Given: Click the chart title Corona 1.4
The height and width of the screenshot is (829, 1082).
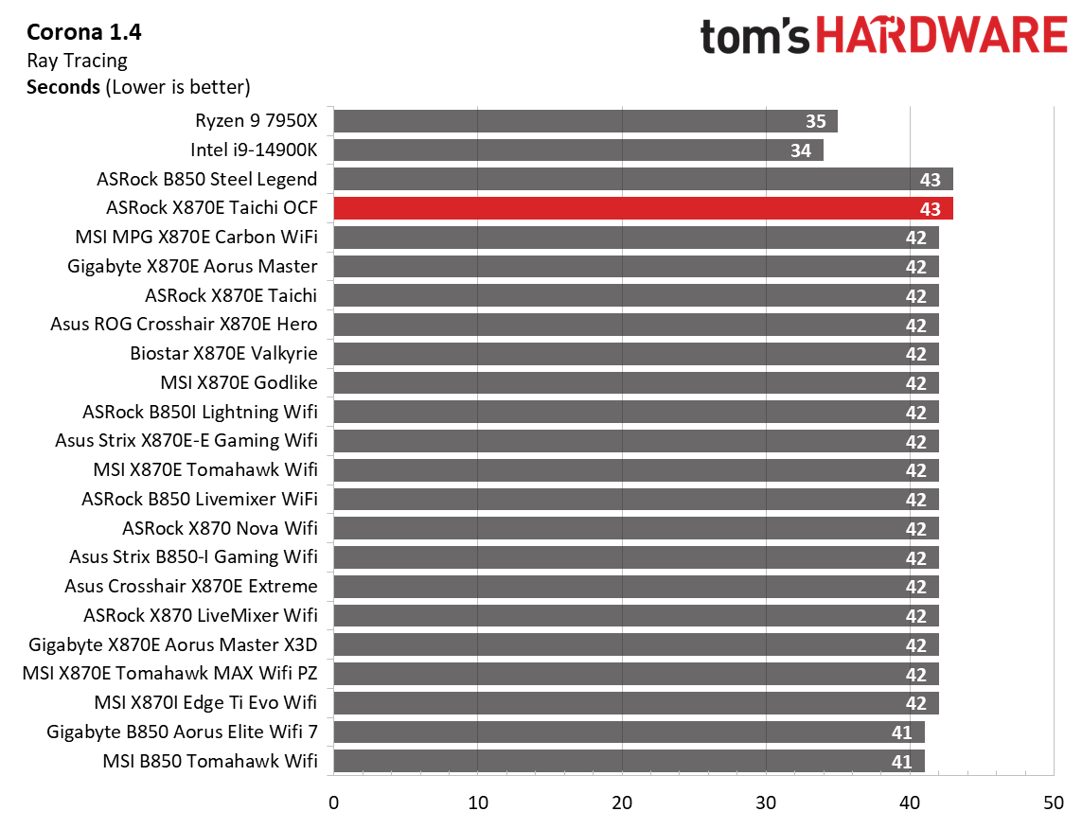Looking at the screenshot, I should [x=84, y=33].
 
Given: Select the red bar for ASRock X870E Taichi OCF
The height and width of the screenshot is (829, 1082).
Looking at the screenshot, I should [x=643, y=208].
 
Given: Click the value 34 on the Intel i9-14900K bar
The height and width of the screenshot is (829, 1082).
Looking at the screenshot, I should [x=801, y=150].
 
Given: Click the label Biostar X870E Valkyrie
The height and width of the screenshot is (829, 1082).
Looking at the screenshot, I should [x=223, y=354].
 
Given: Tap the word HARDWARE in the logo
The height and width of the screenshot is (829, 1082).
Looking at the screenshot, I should [x=941, y=37].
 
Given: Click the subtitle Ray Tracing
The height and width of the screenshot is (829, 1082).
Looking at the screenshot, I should [x=77, y=61].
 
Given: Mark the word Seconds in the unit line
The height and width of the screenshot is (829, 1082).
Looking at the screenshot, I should [x=63, y=87].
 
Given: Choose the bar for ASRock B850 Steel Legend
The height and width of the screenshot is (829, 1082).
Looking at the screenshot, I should [x=643, y=179].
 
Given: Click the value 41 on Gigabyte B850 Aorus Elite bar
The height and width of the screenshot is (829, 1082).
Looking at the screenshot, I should [x=901, y=732].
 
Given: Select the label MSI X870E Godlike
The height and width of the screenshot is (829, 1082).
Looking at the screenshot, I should [x=239, y=382].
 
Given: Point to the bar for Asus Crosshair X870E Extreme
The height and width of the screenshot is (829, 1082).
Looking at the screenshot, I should [x=635, y=587].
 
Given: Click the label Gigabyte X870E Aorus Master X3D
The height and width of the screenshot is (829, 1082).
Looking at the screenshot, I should [x=173, y=644].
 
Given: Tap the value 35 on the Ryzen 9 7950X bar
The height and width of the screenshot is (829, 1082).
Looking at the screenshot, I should [x=815, y=121].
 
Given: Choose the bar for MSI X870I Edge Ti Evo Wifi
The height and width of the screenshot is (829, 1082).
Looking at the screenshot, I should [x=635, y=703].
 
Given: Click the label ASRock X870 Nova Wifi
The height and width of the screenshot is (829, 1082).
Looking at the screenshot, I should [x=220, y=528].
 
